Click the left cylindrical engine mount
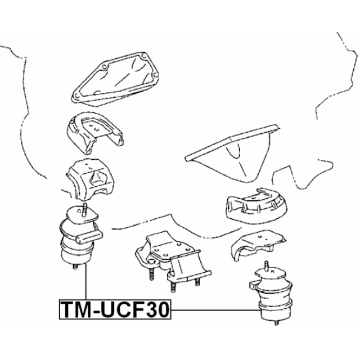(79, 239)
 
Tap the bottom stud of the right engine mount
(276, 323)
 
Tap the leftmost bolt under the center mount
(152, 275)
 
